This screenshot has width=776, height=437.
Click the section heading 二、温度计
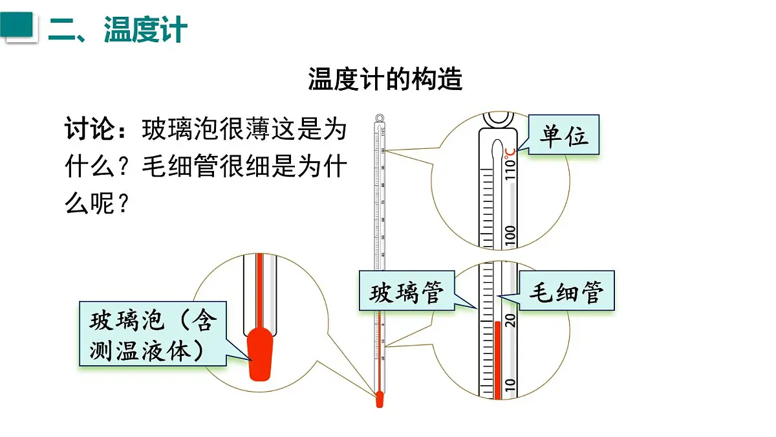click(118, 29)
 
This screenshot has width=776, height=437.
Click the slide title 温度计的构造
click(385, 80)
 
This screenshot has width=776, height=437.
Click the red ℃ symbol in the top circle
click(510, 151)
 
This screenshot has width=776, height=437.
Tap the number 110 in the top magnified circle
click(510, 170)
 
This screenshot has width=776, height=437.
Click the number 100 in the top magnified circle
click(510, 236)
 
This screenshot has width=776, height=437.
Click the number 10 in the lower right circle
click(510, 386)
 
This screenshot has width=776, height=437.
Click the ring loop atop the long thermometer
click(380, 118)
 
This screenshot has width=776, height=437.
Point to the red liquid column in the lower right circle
click(497, 359)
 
